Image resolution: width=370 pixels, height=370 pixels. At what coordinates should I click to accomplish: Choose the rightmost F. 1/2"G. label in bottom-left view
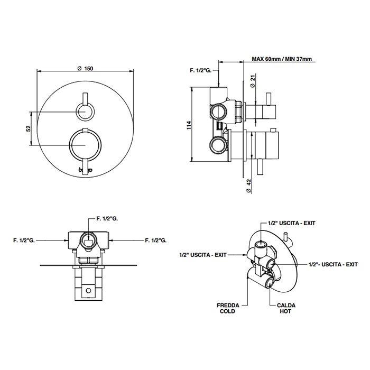click(x=155, y=240)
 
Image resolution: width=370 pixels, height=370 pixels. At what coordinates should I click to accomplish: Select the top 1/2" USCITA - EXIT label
click(x=291, y=223)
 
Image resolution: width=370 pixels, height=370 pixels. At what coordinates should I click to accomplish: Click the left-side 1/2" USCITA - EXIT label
click(x=202, y=255)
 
